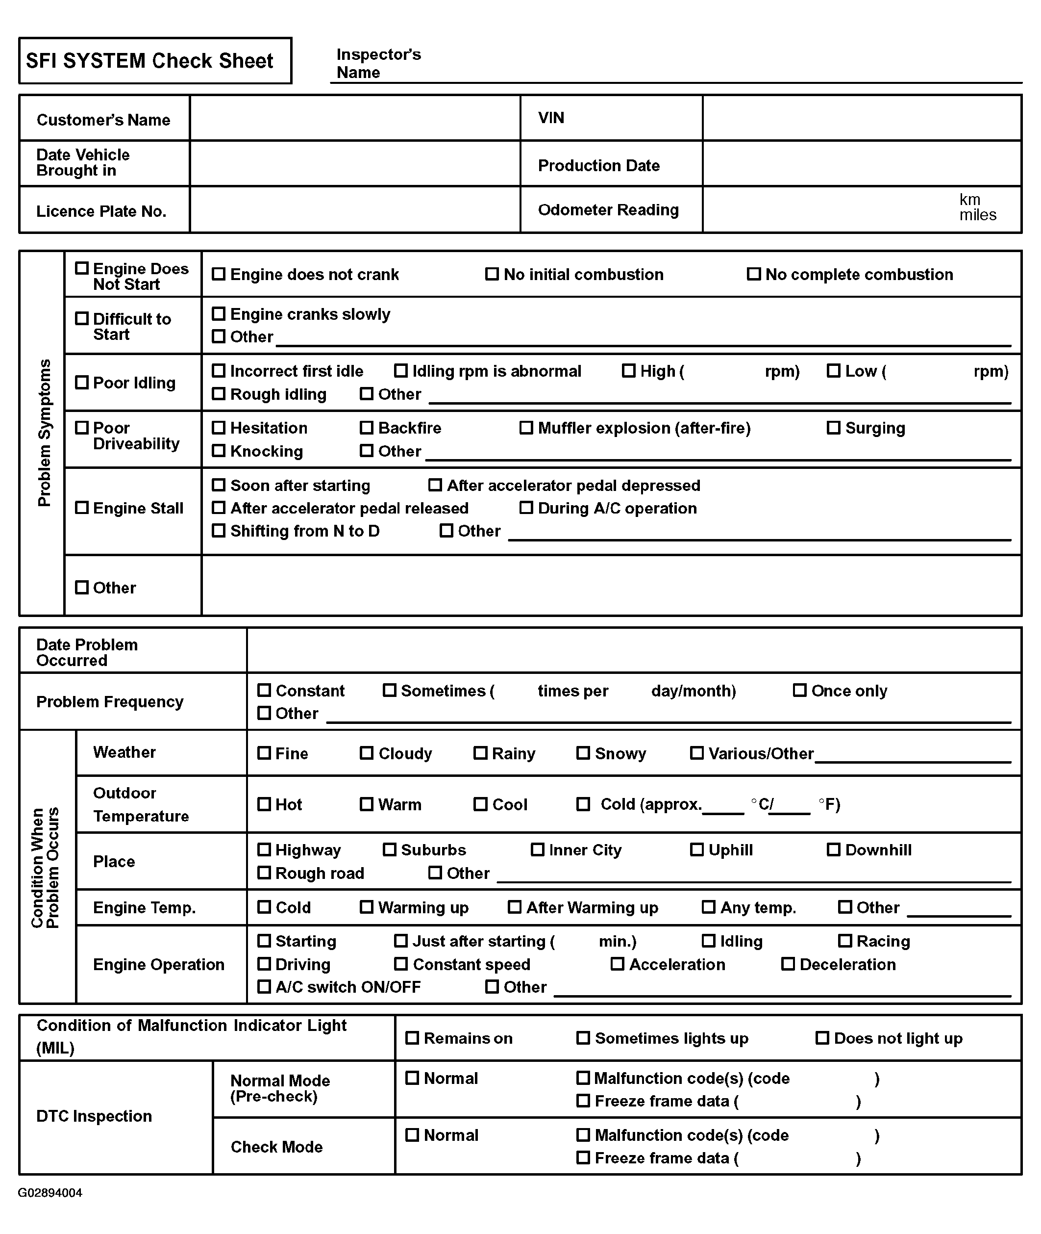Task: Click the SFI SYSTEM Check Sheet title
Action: click(149, 61)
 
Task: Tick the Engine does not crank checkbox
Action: click(219, 274)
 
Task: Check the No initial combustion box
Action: click(492, 274)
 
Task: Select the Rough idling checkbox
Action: click(219, 394)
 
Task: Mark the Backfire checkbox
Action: click(367, 428)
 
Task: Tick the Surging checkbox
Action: click(833, 428)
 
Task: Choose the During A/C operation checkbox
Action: click(526, 508)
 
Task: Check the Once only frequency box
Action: click(800, 690)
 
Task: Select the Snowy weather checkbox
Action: click(583, 753)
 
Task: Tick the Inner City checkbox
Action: click(538, 849)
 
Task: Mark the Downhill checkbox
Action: click(833, 849)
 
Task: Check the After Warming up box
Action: click(515, 907)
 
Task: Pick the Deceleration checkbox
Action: click(788, 964)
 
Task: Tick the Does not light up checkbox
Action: click(822, 1038)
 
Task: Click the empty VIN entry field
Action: click(862, 118)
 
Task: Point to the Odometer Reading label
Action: click(608, 209)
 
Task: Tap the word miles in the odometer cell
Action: click(977, 215)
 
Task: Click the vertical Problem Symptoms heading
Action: click(44, 433)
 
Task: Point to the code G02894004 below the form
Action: click(50, 1193)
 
